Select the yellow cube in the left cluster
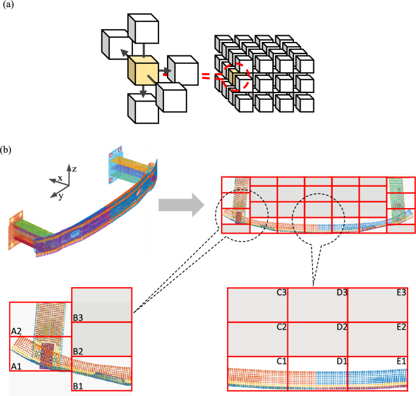pyautogui.click(x=143, y=72)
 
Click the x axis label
pyautogui.click(x=60, y=179)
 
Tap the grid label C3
pyautogui.click(x=281, y=293)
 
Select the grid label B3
pyautogui.click(x=78, y=316)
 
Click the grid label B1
pyautogui.click(x=78, y=385)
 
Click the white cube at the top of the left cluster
pyautogui.click(x=143, y=27)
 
